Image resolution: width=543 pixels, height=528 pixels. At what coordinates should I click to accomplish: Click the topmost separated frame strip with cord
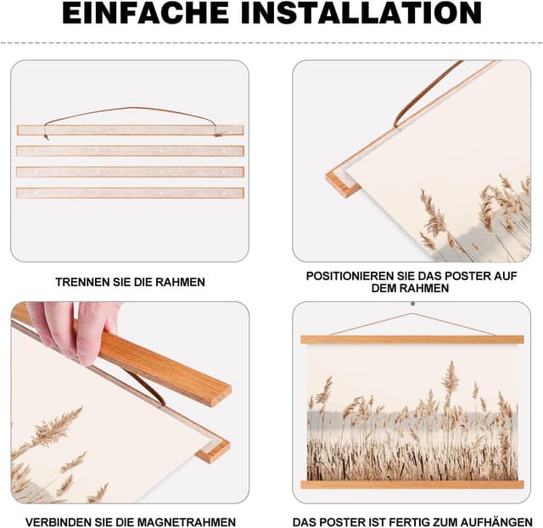point(130,131)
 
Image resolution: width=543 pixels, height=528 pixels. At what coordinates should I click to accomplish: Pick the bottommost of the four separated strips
point(130,193)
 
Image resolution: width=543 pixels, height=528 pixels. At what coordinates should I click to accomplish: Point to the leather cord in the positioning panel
point(428,93)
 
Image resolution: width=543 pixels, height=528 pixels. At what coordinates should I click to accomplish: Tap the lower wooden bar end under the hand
point(212,447)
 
